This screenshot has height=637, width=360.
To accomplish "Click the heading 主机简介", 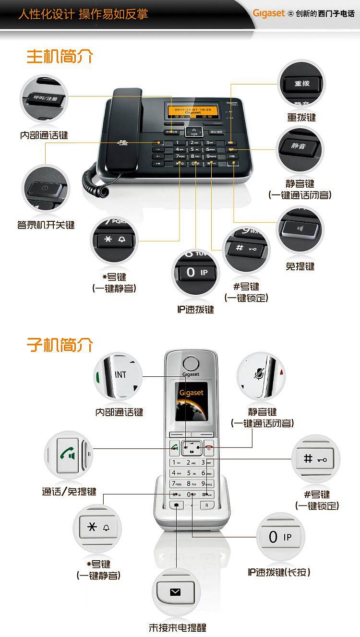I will tap(60, 57).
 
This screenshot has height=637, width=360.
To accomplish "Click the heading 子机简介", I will tap(60, 345).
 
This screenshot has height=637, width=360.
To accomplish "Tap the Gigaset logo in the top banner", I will tap(269, 13).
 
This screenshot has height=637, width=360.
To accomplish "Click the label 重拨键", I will tap(301, 117).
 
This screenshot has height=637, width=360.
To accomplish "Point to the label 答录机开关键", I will tap(46, 225).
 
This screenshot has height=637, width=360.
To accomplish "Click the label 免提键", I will tap(300, 266).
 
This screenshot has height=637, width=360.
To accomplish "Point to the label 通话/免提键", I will tap(69, 492).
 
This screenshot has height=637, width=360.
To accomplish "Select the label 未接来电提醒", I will tap(178, 628).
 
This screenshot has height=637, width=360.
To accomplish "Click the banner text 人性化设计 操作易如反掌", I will tap(84, 14).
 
